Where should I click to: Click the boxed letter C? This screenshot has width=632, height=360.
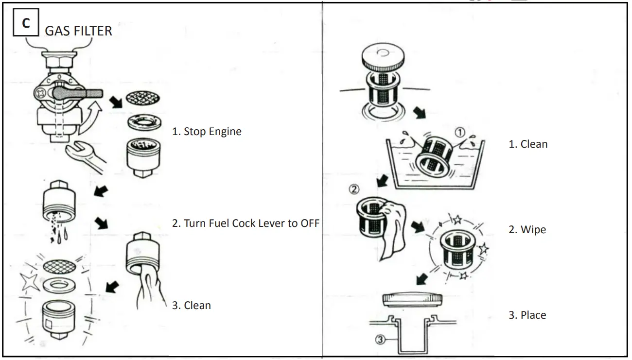[x=26, y=23]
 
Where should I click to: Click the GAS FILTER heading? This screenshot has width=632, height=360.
[x=78, y=31]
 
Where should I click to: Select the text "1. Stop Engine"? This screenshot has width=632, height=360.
[x=207, y=132]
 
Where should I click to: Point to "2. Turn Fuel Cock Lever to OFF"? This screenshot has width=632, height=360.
[x=246, y=223]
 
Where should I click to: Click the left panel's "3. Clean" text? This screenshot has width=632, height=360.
[x=191, y=306]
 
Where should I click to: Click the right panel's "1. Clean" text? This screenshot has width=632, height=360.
[x=528, y=144]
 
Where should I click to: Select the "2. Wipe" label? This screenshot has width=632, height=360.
[x=527, y=230]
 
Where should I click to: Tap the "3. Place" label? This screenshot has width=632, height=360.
[x=527, y=315]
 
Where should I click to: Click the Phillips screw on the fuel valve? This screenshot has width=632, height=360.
[x=41, y=91]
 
